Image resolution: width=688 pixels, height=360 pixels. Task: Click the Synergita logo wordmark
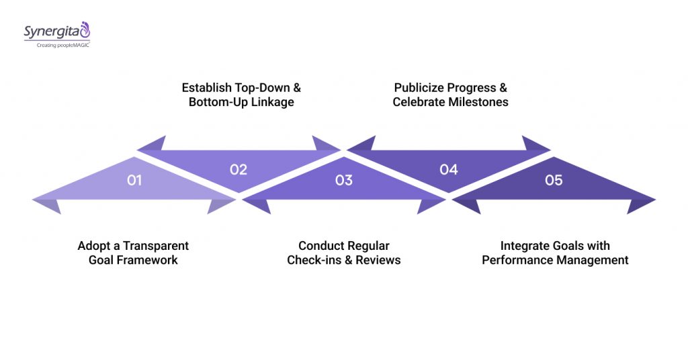pyautogui.click(x=53, y=31)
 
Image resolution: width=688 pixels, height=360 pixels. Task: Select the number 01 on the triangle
pyautogui.click(x=134, y=180)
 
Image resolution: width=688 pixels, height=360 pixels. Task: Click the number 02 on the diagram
pyautogui.click(x=239, y=169)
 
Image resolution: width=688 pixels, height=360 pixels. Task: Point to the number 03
pyautogui.click(x=343, y=180)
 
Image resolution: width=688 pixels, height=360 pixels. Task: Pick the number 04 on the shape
pyautogui.click(x=448, y=169)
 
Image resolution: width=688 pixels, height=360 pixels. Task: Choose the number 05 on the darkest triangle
pyautogui.click(x=554, y=180)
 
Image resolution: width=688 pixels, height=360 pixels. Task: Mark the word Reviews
pyautogui.click(x=378, y=260)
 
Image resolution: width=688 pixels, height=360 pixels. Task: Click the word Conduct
pyautogui.click(x=321, y=246)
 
